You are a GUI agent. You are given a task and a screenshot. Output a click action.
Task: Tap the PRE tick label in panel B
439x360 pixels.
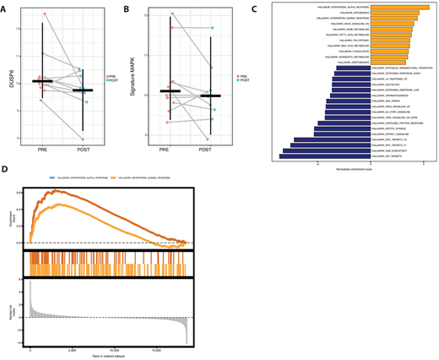click(170, 150)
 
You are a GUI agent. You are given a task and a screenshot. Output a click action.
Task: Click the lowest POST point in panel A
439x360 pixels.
click(82, 139)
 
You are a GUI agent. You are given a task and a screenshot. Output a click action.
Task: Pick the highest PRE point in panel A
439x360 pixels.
click(45, 14)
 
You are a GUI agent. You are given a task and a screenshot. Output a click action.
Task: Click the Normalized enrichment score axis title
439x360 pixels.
click(355, 169)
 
